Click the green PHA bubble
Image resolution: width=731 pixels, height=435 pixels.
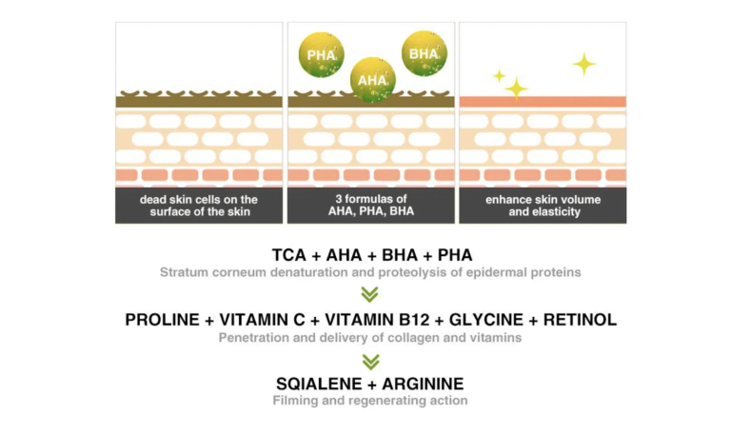click(x=321, y=54)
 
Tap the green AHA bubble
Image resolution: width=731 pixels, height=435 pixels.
click(x=372, y=80)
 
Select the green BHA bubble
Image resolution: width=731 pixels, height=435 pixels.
click(x=425, y=53)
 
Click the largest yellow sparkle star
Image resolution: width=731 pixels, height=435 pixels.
click(x=584, y=64)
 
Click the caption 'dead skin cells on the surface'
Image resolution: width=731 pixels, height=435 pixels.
click(x=199, y=206)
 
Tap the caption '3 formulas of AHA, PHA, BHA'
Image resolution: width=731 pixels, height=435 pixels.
click(x=371, y=206)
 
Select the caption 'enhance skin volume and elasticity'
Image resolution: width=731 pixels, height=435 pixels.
click(x=543, y=206)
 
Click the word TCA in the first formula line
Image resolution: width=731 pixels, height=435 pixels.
click(x=289, y=255)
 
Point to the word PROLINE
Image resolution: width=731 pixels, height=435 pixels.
click(x=162, y=320)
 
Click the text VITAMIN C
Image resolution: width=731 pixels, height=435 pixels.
click(x=262, y=320)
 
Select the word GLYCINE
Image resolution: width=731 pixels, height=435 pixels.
click(x=486, y=320)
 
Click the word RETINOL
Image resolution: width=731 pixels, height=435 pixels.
click(x=580, y=320)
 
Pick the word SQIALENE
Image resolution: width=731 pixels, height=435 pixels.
click(x=320, y=384)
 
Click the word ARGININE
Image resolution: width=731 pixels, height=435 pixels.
click(x=423, y=384)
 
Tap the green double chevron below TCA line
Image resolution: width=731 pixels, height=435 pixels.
click(x=369, y=294)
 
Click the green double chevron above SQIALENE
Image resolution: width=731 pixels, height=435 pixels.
click(x=370, y=362)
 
